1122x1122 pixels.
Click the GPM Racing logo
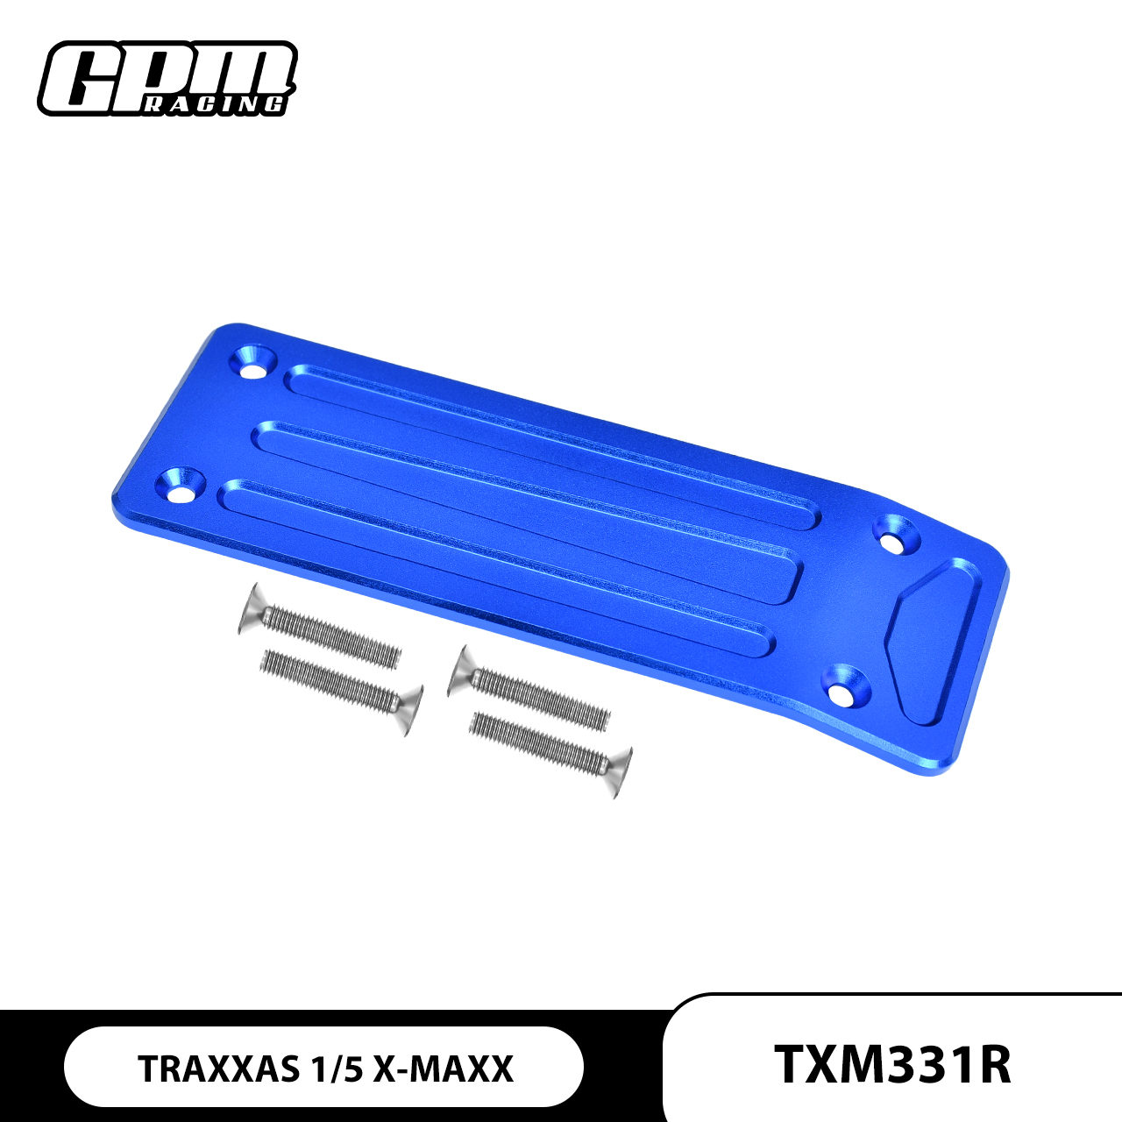167,79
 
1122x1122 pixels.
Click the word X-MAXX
443,1069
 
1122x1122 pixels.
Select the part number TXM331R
892,1064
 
